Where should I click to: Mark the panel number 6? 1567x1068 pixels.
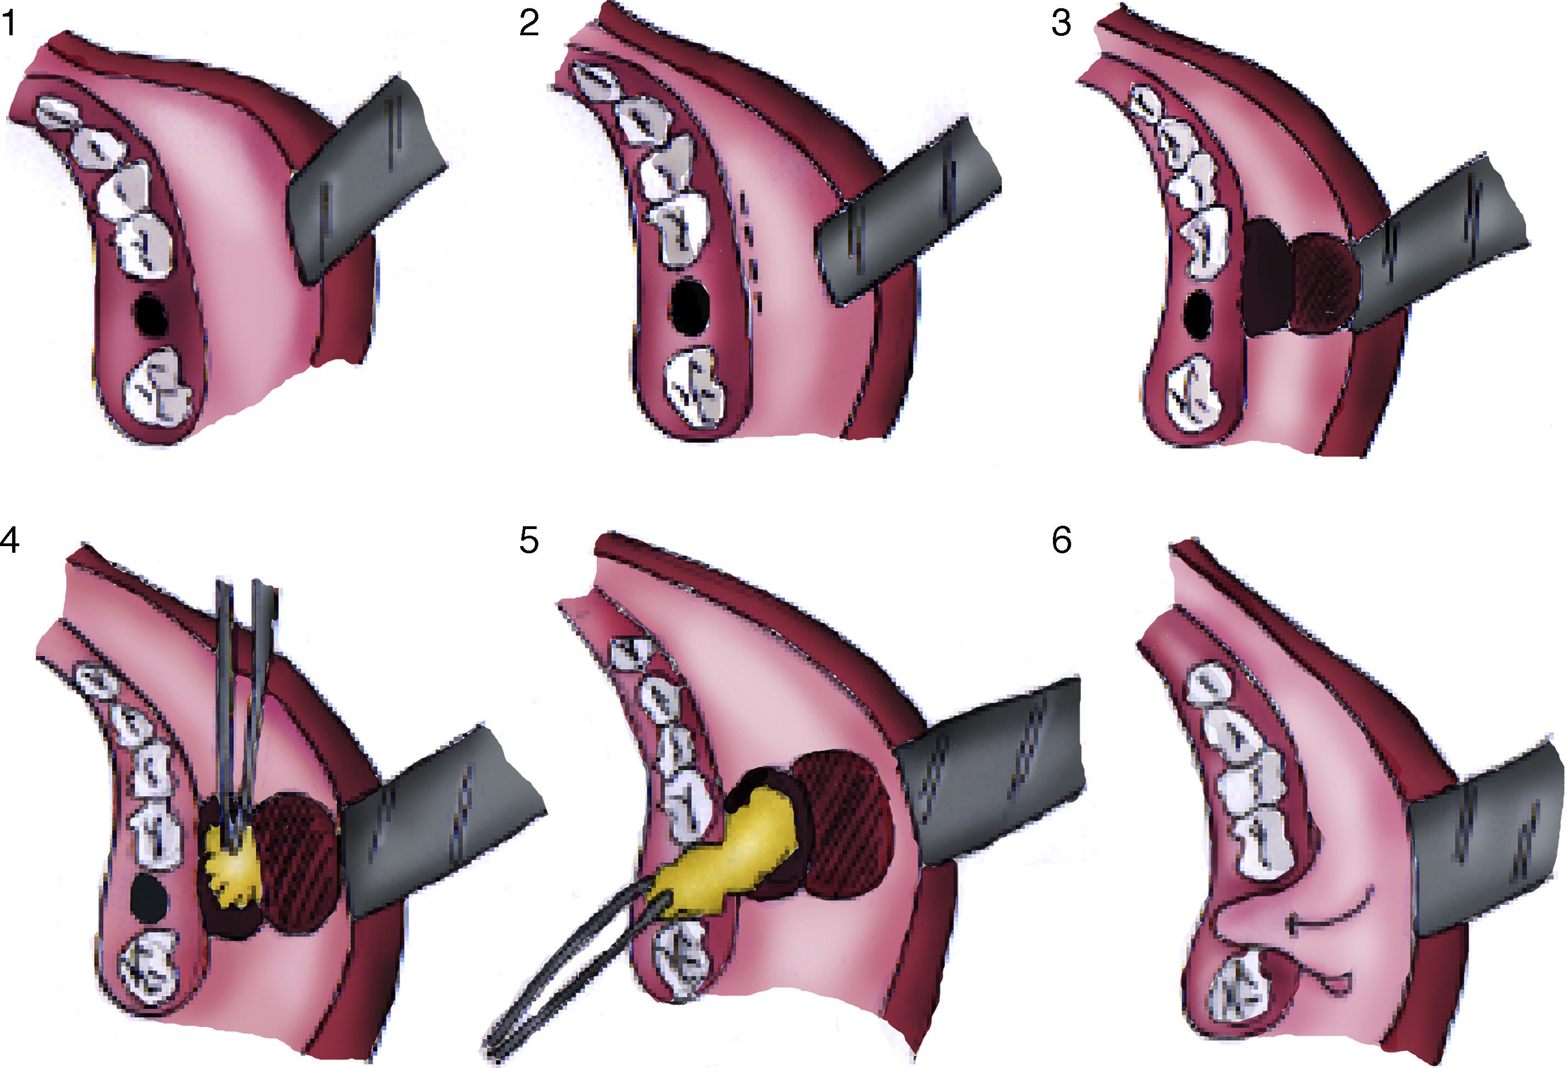coord(1061,541)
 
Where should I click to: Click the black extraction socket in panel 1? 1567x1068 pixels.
coord(151,314)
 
